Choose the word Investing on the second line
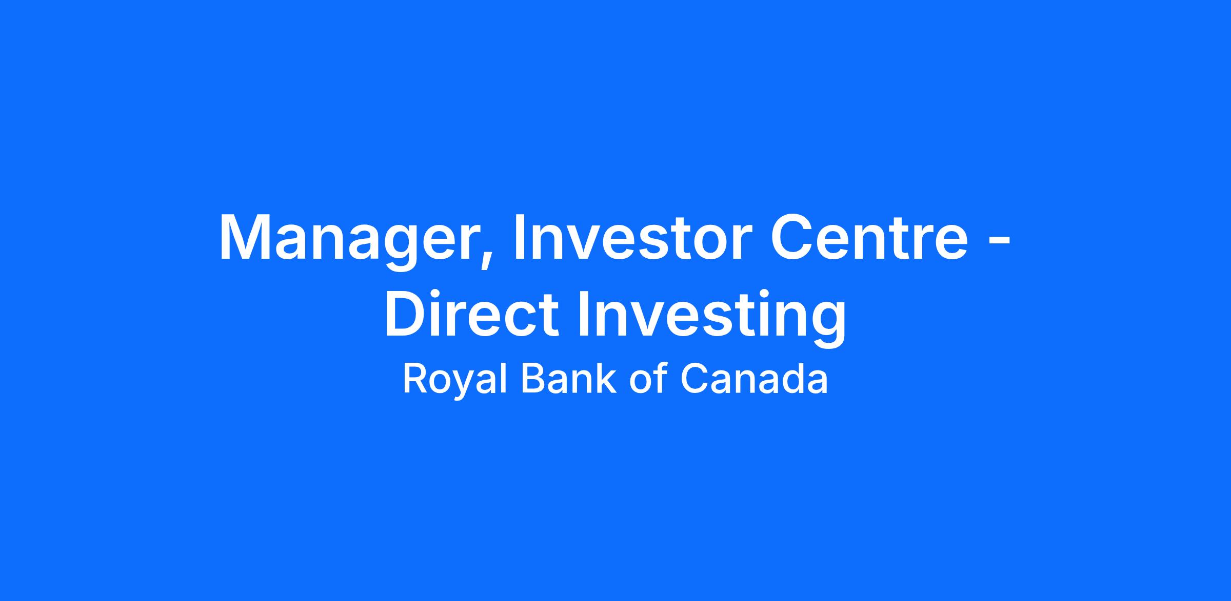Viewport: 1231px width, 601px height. (x=712, y=318)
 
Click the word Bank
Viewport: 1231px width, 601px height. (x=568, y=379)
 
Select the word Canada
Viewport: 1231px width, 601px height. (x=754, y=379)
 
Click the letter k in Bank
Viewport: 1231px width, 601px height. (x=607, y=378)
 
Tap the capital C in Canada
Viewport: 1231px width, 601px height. (x=693, y=379)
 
